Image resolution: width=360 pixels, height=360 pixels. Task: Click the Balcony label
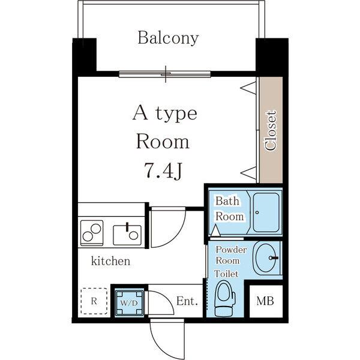[168, 38]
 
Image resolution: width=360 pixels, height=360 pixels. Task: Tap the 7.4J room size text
[163, 170]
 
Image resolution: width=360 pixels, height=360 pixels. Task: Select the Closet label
[271, 130]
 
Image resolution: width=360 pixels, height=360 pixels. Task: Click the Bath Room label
[229, 209]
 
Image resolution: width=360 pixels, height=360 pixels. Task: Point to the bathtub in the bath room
[266, 212]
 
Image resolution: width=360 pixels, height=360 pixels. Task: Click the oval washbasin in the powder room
[266, 258]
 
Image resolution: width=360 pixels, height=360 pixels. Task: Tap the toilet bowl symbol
[225, 298]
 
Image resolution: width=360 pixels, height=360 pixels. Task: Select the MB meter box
[266, 301]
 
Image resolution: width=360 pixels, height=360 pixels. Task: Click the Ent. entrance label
[187, 301]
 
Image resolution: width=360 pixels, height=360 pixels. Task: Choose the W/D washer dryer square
[129, 303]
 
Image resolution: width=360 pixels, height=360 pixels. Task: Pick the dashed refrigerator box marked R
[94, 301]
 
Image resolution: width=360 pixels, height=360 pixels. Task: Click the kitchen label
[110, 261]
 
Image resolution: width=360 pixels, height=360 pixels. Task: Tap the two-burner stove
[92, 233]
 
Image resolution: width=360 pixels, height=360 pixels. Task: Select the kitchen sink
[127, 235]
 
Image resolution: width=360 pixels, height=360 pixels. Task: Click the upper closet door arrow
[248, 87]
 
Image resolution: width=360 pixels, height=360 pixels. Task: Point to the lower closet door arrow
[248, 173]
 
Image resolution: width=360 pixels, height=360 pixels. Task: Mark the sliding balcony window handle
[166, 74]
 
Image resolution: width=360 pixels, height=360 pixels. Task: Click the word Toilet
[226, 274]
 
